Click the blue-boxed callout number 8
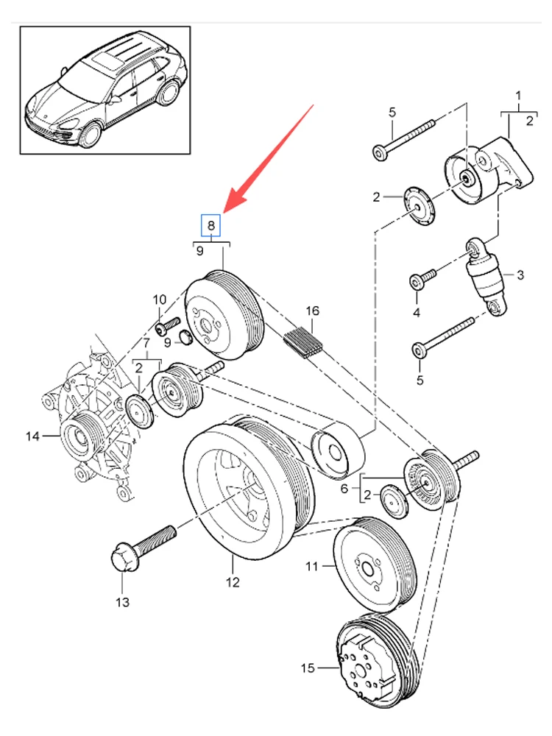210,225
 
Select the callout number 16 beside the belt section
312,311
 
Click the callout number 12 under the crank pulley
233,582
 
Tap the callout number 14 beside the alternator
32,436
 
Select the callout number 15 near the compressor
308,668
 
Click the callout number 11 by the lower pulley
311,567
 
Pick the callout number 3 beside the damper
520,275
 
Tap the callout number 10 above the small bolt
160,300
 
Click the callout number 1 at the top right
518,96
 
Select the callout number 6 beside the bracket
344,489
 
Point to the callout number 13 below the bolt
122,602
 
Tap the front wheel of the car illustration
90,134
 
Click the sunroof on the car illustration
105,60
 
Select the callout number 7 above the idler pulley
146,344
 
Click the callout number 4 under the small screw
417,312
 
